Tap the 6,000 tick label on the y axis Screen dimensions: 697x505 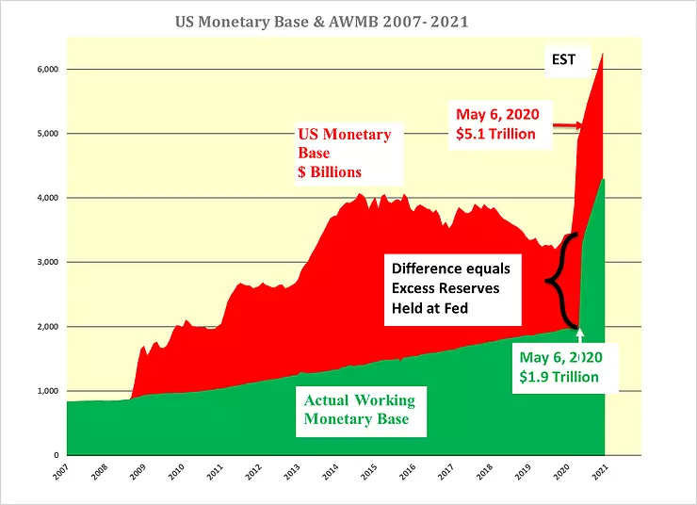click(48, 70)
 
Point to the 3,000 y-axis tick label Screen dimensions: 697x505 click(48, 262)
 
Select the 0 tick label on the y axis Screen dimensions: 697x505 click(57, 455)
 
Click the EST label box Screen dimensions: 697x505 click(563, 59)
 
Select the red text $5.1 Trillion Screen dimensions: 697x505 click(495, 134)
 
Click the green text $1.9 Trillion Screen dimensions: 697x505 click(559, 377)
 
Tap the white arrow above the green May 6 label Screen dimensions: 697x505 click(579, 335)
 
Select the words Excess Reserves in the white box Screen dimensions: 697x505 click(446, 288)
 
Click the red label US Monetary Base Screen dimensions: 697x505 click(345, 143)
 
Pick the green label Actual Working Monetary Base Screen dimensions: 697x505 click(359, 410)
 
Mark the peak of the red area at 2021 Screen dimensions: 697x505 click(603, 54)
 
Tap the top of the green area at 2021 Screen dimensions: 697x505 click(603, 179)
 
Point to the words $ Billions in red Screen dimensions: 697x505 click(330, 172)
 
